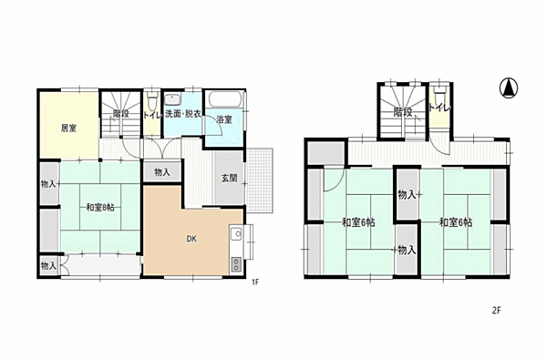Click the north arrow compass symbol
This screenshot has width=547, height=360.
click(x=509, y=88)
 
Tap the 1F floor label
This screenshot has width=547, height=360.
click(x=255, y=283)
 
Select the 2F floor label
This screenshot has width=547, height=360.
click(x=497, y=310)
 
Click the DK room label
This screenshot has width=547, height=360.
click(x=191, y=239)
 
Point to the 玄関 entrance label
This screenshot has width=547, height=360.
click(x=230, y=178)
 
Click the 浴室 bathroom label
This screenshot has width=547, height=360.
click(x=224, y=119)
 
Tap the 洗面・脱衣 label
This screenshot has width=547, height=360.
click(x=183, y=114)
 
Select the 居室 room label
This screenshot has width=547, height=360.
click(x=68, y=129)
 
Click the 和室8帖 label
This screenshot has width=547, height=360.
click(x=100, y=208)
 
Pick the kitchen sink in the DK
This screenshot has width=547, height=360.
click(x=236, y=233)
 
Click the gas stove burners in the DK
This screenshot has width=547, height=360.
click(x=236, y=264)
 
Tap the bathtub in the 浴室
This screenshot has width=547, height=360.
click(x=225, y=99)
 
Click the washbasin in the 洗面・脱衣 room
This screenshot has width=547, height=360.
click(x=172, y=99)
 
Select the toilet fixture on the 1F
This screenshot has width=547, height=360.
click(x=151, y=101)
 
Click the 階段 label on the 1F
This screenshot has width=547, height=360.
click(x=121, y=114)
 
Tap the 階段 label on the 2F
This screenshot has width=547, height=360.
click(x=403, y=112)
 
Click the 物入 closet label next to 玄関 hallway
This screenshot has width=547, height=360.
click(x=162, y=172)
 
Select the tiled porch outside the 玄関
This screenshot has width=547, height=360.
click(x=259, y=180)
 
